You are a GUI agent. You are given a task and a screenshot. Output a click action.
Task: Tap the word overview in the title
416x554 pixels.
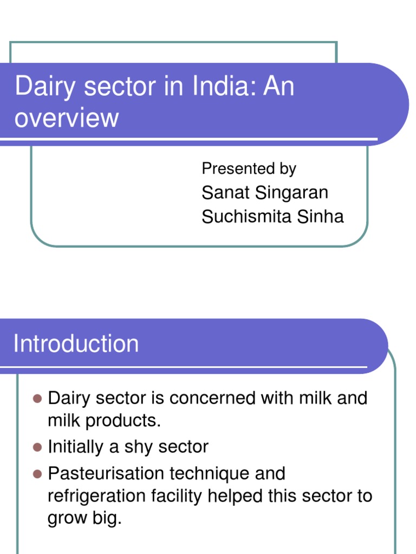[66, 117]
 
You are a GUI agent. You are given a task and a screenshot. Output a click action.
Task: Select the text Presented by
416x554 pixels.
[249, 169]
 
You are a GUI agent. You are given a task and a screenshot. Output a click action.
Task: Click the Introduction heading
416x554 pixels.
[76, 344]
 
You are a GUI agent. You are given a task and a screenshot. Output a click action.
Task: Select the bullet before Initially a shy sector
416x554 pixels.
[37, 447]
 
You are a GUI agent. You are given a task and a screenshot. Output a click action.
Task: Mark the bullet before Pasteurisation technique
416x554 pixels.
[37, 474]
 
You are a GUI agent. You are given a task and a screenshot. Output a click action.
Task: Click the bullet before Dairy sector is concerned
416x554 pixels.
[37, 399]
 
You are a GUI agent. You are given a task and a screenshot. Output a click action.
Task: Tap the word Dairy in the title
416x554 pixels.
[41, 87]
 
